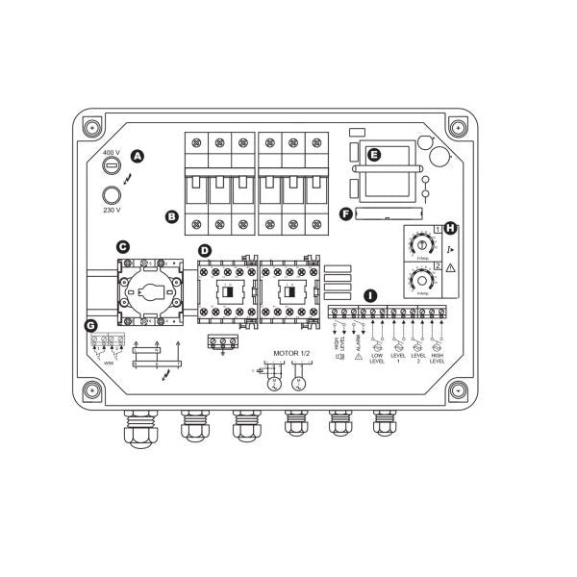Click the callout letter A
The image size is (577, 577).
pyautogui.click(x=137, y=156)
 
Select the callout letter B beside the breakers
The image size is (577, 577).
pyautogui.click(x=172, y=216)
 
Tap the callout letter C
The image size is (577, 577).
pyautogui.click(x=122, y=247)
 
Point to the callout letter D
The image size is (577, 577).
pyautogui.click(x=204, y=251)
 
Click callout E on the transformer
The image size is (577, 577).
pyautogui.click(x=375, y=154)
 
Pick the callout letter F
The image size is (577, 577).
pyautogui.click(x=345, y=213)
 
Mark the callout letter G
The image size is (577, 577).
pyautogui.click(x=91, y=326)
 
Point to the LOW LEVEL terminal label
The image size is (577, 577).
pyautogui.click(x=377, y=360)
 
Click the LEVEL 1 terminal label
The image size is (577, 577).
pyautogui.click(x=398, y=360)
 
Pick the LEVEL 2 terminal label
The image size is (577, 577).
pyautogui.click(x=418, y=360)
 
